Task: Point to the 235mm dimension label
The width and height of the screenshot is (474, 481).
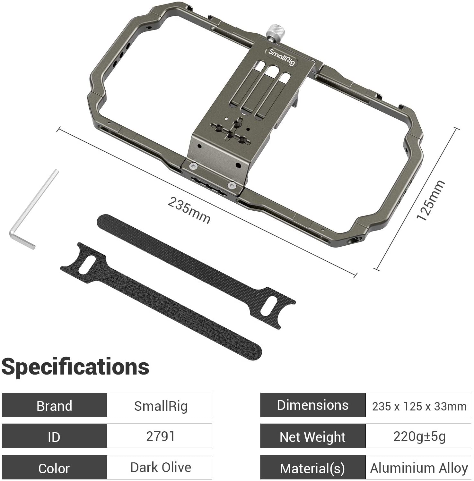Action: point(189,210)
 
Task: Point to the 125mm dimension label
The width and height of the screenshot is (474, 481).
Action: point(430,200)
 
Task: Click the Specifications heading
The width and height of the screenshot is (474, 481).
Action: point(75,367)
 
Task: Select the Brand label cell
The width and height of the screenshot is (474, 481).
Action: point(54,405)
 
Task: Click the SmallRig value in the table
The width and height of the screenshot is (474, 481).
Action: point(160,405)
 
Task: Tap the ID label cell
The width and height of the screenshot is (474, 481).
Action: point(54,436)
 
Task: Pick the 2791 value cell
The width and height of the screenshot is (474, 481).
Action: point(160,436)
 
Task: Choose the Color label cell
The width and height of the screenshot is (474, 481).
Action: point(54,468)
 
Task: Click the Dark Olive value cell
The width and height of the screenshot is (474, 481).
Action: point(160,468)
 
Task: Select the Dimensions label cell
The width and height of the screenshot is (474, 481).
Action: point(313,405)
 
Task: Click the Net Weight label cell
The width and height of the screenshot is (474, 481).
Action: point(313,436)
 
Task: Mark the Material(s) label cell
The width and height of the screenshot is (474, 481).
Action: point(313,468)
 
